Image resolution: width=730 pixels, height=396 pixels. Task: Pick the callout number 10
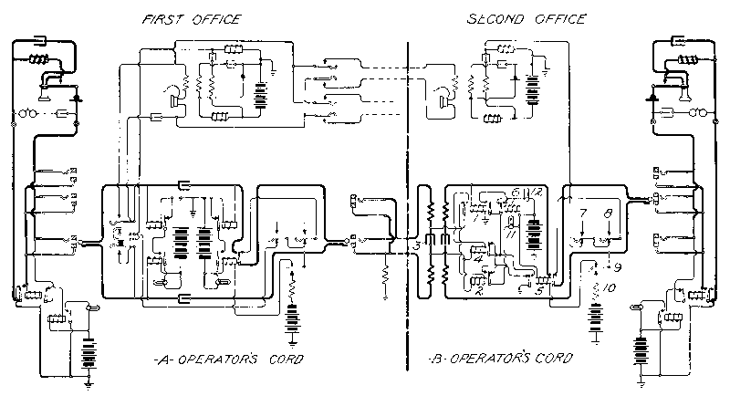(611, 288)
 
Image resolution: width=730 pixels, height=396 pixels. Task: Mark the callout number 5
(540, 292)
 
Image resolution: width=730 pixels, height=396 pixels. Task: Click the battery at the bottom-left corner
(89, 347)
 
